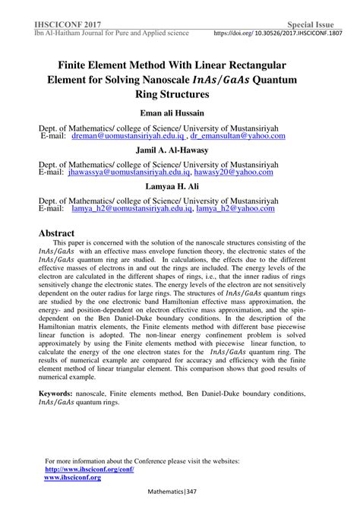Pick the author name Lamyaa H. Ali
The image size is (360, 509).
pos(181,185)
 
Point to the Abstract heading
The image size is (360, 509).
pos(57,232)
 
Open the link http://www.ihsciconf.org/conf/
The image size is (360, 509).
pos(90,469)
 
